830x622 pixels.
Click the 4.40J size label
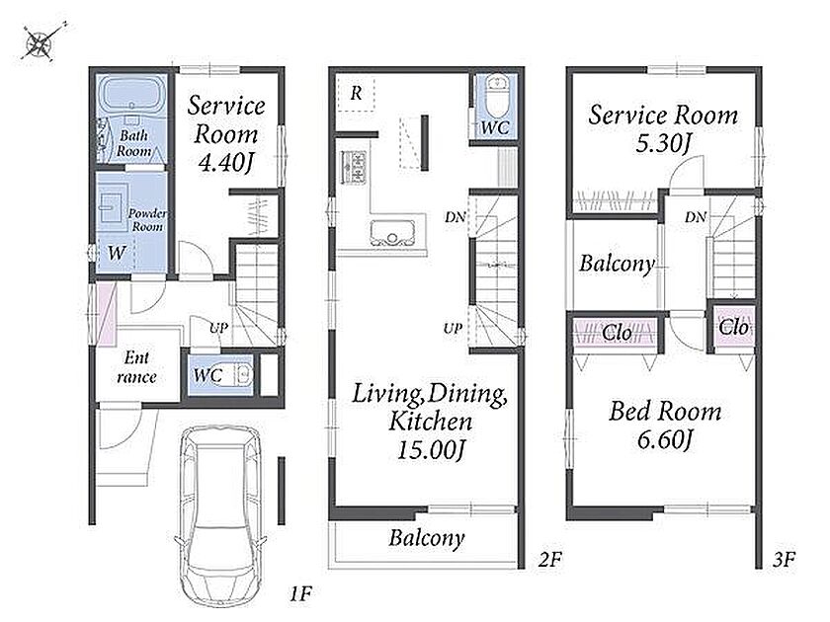[x=226, y=162]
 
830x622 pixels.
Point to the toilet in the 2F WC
[x=497, y=97]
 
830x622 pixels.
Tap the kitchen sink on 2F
[x=392, y=233]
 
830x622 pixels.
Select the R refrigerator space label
[x=356, y=93]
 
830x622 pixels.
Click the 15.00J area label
[x=431, y=450]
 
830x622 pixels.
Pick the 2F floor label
[x=550, y=559]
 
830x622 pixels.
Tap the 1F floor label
[x=300, y=593]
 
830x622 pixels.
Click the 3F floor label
[x=784, y=559]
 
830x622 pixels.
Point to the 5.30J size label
[x=663, y=143]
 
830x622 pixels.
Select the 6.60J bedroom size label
[x=665, y=440]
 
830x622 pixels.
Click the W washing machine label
[x=117, y=253]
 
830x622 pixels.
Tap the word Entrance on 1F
[x=136, y=367]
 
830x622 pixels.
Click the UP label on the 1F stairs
[x=218, y=328]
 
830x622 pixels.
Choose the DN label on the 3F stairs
[x=695, y=217]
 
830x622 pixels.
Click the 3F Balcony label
[x=617, y=264]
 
